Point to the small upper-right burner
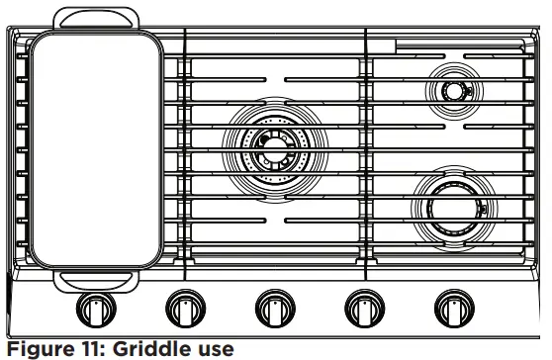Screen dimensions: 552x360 pos(453,91)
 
